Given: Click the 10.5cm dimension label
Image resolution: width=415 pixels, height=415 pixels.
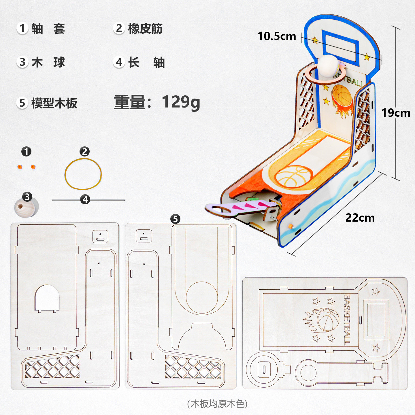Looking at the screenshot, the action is tap(277, 36).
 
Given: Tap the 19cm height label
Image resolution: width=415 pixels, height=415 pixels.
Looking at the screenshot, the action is tap(396, 113).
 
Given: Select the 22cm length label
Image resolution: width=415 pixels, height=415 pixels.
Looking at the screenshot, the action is tap(360, 218).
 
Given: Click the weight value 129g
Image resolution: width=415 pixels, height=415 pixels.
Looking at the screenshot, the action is tap(181, 102).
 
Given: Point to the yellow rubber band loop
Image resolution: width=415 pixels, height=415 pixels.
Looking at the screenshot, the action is tap(83, 174).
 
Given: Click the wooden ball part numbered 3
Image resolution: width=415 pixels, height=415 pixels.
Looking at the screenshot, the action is tap(26, 207).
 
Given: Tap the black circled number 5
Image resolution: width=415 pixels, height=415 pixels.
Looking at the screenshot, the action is tap(175, 219).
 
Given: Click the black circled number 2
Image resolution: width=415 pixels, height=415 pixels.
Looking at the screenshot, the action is tap(84, 152).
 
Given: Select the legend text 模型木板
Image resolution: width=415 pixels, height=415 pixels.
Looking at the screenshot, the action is tap(54, 103).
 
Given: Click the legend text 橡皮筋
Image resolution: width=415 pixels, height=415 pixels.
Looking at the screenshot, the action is tap(145, 29).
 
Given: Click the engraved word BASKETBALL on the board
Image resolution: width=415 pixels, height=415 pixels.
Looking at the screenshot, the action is tap(347, 320).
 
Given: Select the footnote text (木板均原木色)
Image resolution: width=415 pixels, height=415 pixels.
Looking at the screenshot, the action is tap(217, 404).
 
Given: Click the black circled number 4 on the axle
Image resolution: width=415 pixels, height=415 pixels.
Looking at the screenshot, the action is tap(85, 199).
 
